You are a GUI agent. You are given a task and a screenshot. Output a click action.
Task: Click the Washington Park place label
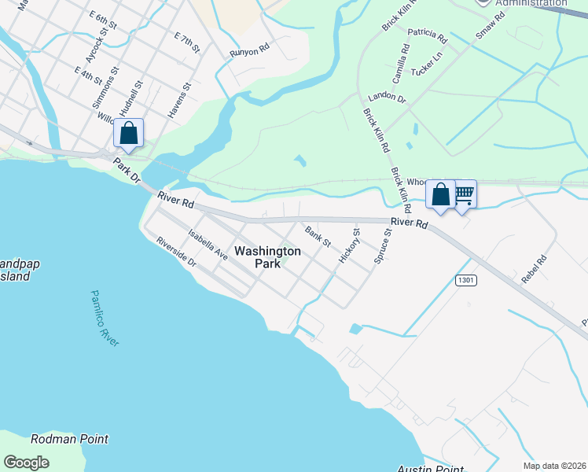[268, 257]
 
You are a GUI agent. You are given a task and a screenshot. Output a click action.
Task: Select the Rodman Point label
[69, 439]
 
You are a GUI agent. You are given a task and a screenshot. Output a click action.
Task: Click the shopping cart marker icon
[464, 194]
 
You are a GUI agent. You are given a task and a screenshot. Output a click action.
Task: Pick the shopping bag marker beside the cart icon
[441, 194]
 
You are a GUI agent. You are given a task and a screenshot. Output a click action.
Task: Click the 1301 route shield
[465, 280]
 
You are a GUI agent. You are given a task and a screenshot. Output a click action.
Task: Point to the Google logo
[26, 462]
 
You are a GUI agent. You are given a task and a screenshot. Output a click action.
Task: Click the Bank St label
[318, 235]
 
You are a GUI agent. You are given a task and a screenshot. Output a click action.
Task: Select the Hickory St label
[349, 245]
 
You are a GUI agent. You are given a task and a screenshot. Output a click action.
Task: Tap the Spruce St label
[383, 246]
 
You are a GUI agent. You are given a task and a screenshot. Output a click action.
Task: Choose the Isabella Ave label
[208, 245]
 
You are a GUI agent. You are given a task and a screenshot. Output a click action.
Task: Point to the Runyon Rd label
[249, 52]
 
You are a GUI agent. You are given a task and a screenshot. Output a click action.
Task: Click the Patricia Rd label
[427, 35]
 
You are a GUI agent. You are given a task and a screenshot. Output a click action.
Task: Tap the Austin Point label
[430, 469]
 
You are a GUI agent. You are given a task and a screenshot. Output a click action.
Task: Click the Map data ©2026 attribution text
[554, 465]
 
